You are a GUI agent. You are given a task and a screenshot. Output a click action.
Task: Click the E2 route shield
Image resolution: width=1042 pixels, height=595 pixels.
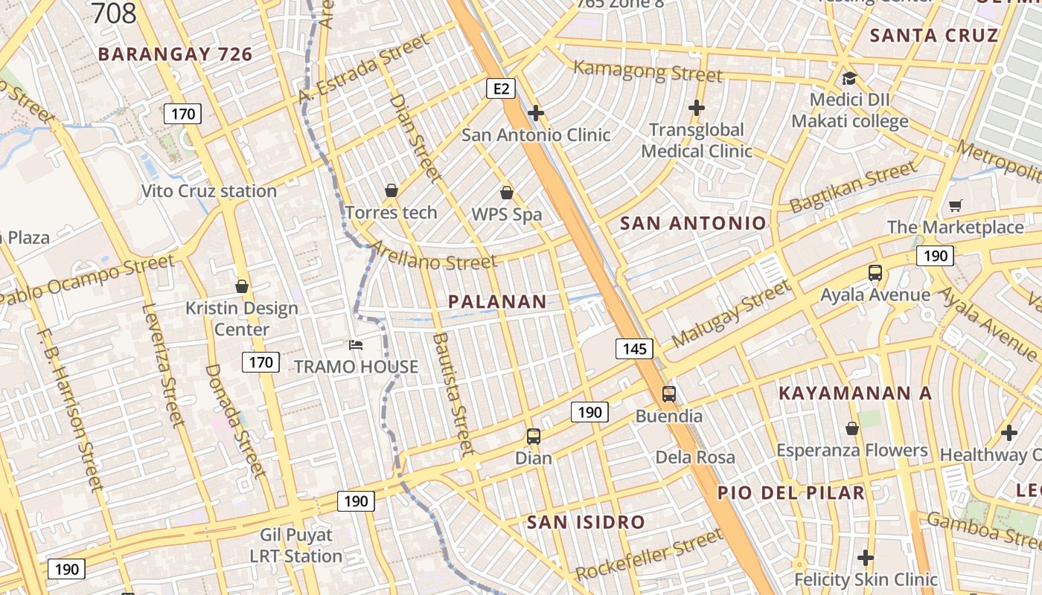[501, 89]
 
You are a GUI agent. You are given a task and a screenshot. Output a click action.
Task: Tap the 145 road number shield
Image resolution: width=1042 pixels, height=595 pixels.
[634, 348]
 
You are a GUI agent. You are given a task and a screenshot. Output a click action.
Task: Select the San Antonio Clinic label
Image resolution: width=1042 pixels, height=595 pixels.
[536, 135]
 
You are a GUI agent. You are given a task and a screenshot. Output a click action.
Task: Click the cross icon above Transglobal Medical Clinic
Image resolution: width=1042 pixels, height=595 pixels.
[697, 108]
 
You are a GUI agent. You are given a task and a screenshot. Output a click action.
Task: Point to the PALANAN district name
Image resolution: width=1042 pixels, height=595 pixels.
[497, 301]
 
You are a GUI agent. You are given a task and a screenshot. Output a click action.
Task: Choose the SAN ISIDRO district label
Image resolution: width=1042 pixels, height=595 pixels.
[586, 522]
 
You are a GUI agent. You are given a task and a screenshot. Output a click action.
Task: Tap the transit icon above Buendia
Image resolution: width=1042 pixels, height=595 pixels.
[668, 394]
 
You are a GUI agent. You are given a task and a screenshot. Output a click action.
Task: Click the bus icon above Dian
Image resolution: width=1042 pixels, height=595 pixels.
[534, 437]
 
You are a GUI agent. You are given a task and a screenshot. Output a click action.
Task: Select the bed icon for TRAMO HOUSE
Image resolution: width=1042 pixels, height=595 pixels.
[357, 345]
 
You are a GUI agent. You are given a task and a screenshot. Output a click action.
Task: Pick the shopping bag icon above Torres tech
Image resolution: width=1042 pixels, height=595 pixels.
[391, 191]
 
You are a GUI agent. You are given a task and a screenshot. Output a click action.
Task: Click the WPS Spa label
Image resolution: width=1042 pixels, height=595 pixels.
[507, 215]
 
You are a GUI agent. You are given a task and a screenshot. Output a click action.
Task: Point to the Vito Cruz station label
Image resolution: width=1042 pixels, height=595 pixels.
[209, 191]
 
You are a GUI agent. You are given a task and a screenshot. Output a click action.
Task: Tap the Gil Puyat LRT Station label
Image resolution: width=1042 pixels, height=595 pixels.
[296, 545]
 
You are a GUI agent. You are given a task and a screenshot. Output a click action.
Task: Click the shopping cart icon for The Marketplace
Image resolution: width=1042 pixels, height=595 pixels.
[955, 205]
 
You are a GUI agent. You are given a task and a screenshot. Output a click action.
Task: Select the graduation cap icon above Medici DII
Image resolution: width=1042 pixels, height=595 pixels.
[849, 78]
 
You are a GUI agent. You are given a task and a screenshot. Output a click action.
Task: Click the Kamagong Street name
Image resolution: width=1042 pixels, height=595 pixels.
[648, 71]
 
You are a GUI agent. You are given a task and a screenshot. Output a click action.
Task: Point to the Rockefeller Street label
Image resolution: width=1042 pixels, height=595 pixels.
[649, 555]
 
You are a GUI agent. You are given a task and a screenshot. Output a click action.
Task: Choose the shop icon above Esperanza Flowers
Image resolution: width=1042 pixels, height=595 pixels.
[852, 428]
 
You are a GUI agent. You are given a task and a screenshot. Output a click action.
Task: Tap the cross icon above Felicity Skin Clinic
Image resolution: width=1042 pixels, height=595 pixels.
[865, 557]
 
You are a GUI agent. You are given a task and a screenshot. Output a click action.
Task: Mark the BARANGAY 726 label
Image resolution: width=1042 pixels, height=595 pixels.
[176, 54]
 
